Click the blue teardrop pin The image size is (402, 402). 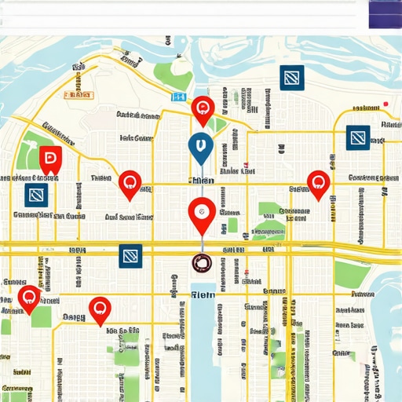click(x=200, y=147)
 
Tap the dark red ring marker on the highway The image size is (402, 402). click(x=202, y=265)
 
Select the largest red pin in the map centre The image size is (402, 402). click(x=202, y=213)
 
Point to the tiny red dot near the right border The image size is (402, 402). click(x=386, y=104)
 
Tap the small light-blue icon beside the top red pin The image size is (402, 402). click(x=179, y=97)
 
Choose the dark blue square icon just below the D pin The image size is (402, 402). click(x=36, y=195)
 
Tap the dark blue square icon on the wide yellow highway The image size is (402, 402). click(x=130, y=255)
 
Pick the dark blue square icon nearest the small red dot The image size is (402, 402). click(x=358, y=137)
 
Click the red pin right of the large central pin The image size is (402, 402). click(x=318, y=183)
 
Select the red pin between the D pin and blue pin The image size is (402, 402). click(x=130, y=183)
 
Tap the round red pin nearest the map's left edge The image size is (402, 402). click(x=29, y=297)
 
